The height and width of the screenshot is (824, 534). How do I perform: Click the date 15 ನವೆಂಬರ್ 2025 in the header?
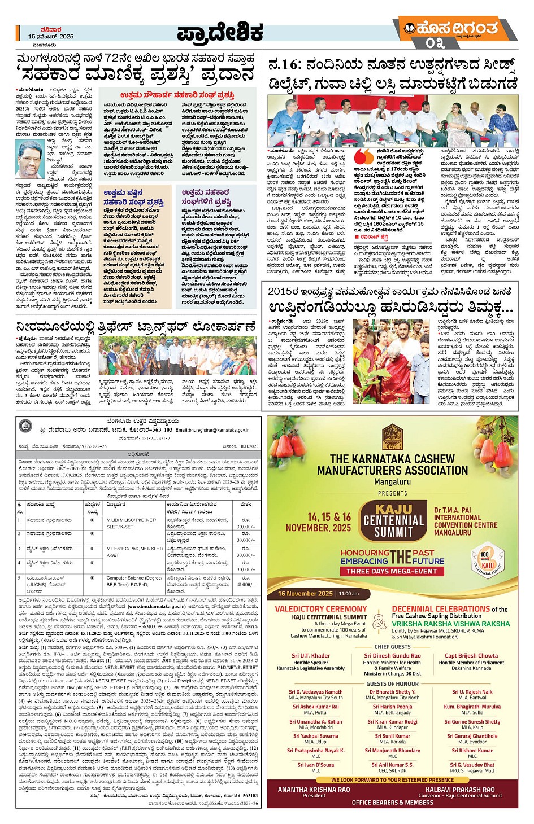[51, 36]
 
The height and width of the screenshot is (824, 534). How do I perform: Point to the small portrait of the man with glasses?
[29, 159]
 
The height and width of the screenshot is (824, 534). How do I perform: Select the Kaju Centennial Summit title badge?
[393, 521]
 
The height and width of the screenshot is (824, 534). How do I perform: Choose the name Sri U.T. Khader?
[311, 655]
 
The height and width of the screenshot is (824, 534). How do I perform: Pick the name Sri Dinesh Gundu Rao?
[392, 655]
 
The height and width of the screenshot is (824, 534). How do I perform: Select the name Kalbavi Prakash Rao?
[459, 790]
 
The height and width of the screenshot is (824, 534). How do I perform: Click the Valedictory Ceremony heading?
[320, 609]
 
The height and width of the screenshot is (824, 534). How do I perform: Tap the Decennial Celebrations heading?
[441, 609]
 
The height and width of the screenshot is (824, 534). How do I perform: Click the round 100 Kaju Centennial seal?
[487, 559]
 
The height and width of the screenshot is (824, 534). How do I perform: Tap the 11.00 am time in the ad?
[349, 593]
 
